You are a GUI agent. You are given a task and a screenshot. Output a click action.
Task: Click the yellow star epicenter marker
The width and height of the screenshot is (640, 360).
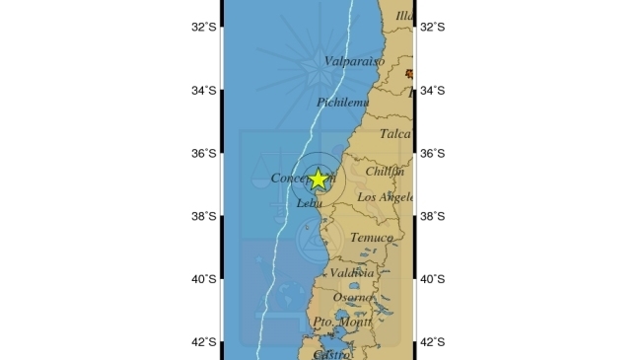point(319,179)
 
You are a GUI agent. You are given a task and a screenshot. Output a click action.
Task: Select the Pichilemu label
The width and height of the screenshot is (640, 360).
point(342,102)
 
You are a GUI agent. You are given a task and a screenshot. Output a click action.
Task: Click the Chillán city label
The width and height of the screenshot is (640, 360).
point(386,171)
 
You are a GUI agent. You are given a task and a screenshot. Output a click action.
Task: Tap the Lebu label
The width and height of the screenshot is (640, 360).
point(309,203)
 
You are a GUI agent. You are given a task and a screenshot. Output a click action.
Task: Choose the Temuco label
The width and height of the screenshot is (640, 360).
point(371,238)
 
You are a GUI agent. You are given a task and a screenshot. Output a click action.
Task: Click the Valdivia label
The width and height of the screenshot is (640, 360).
point(351,272)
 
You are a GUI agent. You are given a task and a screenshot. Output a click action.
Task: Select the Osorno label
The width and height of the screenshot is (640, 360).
point(353,297)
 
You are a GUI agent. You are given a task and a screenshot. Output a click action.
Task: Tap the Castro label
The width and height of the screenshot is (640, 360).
point(330,353)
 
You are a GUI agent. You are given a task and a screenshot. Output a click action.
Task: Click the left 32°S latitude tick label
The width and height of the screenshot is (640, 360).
point(204,28)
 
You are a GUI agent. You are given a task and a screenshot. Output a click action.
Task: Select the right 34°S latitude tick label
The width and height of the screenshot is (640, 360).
point(433,91)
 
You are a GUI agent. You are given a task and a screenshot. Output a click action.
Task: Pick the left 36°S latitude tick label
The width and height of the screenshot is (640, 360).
point(204,154)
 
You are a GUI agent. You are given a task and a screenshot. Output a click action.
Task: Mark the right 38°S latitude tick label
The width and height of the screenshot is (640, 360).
point(433,217)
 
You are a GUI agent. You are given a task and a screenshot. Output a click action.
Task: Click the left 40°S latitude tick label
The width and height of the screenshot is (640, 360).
point(204,279)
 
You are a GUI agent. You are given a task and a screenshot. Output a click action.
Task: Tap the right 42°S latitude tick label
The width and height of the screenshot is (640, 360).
point(433,342)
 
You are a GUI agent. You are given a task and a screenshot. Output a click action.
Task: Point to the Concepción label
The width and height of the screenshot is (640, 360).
point(302,179)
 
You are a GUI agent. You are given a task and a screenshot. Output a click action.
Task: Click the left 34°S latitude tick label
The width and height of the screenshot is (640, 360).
point(204,91)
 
